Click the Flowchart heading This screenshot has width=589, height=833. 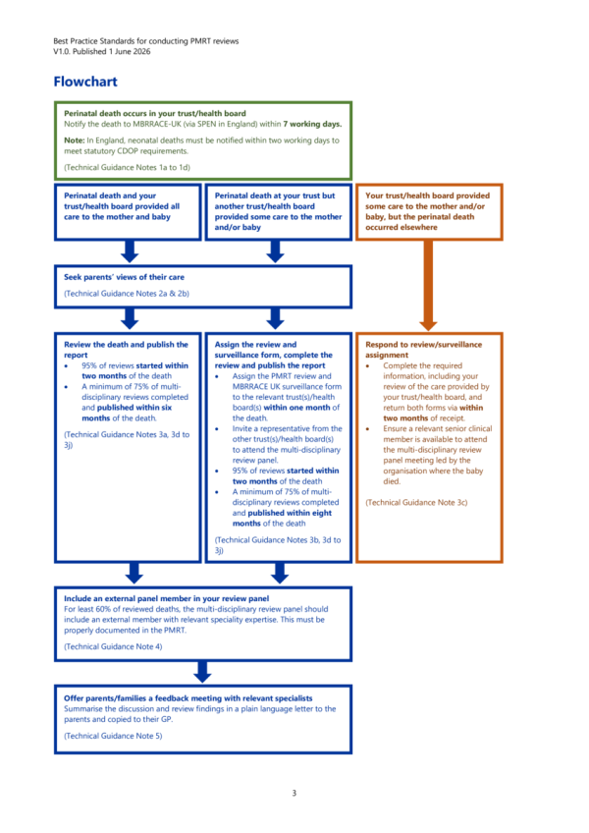pyautogui.click(x=85, y=82)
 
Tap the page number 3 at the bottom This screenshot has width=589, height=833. pyautogui.click(x=294, y=793)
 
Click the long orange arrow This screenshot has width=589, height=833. pyautogui.click(x=428, y=285)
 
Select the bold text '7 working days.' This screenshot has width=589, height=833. pyautogui.click(x=312, y=124)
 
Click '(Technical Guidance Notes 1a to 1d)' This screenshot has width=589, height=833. pyautogui.click(x=127, y=167)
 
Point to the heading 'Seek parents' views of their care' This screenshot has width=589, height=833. pyautogui.click(x=125, y=277)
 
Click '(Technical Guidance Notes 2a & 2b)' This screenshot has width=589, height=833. pyautogui.click(x=127, y=294)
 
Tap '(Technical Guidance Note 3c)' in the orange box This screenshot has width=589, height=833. pyautogui.click(x=416, y=502)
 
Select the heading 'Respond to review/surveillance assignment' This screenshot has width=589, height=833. pyautogui.click(x=424, y=350)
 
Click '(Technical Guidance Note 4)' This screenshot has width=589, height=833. pyautogui.click(x=113, y=646)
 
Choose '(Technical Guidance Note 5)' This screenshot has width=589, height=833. pyautogui.click(x=113, y=736)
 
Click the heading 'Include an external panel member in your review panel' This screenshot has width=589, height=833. pyautogui.click(x=166, y=598)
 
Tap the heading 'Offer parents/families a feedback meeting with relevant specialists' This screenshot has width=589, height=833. pyautogui.click(x=188, y=698)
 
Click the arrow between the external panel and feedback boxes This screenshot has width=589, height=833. pyautogui.click(x=202, y=672)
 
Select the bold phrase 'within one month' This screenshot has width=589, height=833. pyautogui.click(x=296, y=408)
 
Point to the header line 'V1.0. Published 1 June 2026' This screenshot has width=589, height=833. pyautogui.click(x=101, y=51)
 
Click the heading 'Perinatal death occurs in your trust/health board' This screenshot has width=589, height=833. pyautogui.click(x=155, y=113)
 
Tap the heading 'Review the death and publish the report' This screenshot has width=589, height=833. pyautogui.click(x=126, y=350)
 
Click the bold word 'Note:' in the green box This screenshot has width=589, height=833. pyautogui.click(x=75, y=140)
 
